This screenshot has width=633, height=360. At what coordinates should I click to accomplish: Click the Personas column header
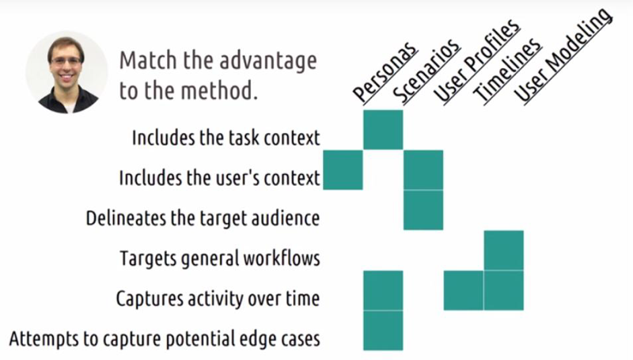(x=385, y=73)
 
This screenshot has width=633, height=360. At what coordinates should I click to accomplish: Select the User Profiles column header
(x=476, y=62)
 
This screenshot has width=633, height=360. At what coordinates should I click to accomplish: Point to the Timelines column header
(x=507, y=71)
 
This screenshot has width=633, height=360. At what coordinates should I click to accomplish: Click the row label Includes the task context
(x=226, y=138)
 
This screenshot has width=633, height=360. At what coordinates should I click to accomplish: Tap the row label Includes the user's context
(x=220, y=178)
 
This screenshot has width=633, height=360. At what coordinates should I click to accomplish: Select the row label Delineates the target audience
(x=203, y=218)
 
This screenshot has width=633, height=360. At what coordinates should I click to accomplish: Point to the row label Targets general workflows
(x=220, y=258)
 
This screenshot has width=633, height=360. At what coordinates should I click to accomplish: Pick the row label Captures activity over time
(x=218, y=298)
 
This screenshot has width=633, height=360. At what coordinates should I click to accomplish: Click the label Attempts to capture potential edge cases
(x=165, y=339)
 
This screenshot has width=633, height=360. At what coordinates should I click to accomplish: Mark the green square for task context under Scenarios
(x=383, y=130)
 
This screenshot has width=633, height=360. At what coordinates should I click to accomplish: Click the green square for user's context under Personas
(x=343, y=170)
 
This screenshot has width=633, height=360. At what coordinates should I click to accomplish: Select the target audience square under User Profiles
(x=423, y=210)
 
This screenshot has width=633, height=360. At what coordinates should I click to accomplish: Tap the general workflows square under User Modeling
(x=504, y=250)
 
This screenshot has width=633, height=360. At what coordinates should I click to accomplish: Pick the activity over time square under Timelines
(x=464, y=290)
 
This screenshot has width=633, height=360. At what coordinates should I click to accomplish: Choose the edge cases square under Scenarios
(x=383, y=331)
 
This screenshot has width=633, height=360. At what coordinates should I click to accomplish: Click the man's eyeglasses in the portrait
(x=66, y=62)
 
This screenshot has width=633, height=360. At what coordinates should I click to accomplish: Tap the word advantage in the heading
(x=268, y=62)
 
